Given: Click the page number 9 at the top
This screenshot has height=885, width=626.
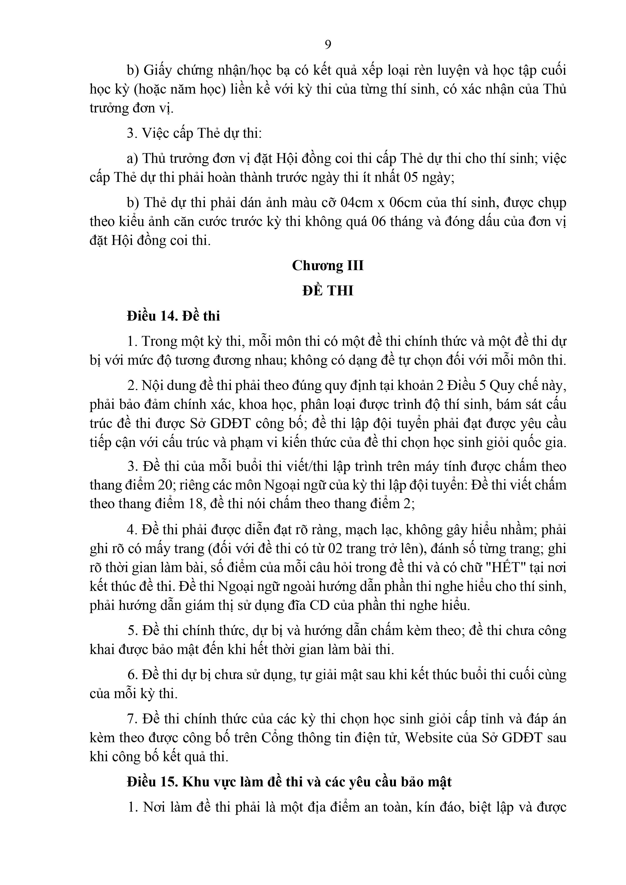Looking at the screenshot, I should click(x=328, y=45).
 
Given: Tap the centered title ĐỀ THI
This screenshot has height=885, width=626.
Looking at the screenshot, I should click(x=328, y=291).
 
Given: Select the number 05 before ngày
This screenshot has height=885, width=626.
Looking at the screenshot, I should click(x=411, y=178).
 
